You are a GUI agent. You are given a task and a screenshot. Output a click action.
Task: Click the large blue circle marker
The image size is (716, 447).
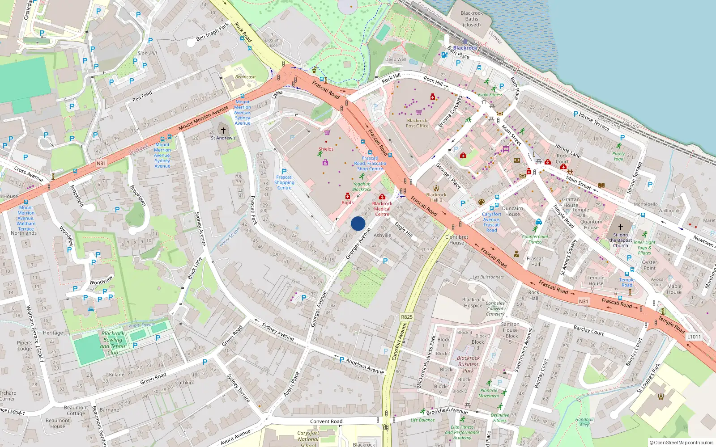tap(358, 223)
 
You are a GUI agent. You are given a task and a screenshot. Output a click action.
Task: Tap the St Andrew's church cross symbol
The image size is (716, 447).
tap(223, 131)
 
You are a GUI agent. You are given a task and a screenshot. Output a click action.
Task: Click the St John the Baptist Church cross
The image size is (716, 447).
tap(621, 227)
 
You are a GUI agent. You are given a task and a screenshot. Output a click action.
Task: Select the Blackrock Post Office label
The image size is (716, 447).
tap(417, 123)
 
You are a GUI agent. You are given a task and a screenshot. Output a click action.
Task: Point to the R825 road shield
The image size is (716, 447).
tap(407, 317)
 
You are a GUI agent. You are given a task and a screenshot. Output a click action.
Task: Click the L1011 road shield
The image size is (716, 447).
tap(694, 337)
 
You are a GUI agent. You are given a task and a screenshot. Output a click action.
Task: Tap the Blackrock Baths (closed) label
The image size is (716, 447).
tap(472, 19)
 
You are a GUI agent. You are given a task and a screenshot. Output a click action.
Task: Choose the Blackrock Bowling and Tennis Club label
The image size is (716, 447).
tap(113, 343)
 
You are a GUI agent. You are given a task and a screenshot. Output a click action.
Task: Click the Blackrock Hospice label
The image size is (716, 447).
tap(473, 303)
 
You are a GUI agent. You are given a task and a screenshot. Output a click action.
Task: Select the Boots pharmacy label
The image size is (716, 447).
tap(348, 202)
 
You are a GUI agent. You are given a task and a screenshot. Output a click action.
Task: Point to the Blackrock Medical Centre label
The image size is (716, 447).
tap(382, 209)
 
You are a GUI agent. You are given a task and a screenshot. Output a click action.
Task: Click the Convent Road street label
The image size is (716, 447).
tap(326, 422)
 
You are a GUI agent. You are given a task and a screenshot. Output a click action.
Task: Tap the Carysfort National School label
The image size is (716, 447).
tap(308, 439)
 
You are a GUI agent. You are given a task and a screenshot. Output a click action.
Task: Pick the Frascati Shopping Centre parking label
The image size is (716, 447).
tap(284, 182)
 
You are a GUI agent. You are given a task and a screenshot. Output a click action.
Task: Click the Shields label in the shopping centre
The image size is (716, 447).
tap(326, 149)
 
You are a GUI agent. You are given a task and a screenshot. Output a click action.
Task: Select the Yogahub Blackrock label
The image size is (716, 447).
tap(362, 186)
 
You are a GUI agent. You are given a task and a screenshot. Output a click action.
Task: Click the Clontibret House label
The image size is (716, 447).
tap(456, 240)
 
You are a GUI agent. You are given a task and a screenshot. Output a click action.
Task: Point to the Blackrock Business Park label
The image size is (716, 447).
tap(468, 364)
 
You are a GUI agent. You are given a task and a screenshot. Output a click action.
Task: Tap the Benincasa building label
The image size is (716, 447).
tap(245, 77)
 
